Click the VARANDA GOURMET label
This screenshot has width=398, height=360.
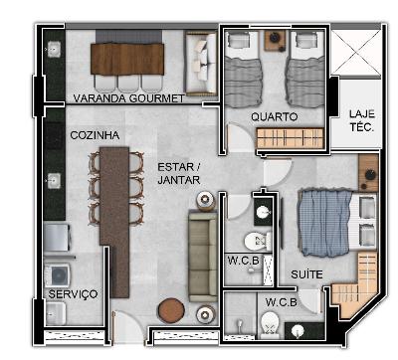tap(128, 98)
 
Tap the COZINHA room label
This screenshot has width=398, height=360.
tap(95, 135)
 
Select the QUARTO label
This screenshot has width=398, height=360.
tap(275, 116)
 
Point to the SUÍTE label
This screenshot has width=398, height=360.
tap(306, 274)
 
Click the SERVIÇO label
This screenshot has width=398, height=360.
tap(73, 294)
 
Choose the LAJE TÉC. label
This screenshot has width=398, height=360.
tap(362, 120)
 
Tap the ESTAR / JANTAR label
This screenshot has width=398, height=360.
tap(179, 173)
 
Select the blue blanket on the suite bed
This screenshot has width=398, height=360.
tap(324, 223)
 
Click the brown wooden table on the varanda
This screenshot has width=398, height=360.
tap(127, 60)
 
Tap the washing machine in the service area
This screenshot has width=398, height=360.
tap(58, 275)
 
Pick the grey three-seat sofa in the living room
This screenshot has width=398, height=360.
tap(203, 257)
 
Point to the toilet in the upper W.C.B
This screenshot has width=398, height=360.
tap(258, 242)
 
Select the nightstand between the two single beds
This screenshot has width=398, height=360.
tap(275, 41)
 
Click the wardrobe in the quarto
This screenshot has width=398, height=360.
tap(291, 138)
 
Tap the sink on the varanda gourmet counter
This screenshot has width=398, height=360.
tap(54, 50)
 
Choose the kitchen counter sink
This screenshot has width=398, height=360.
tap(54, 181)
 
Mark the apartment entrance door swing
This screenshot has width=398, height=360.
tap(128, 327)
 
